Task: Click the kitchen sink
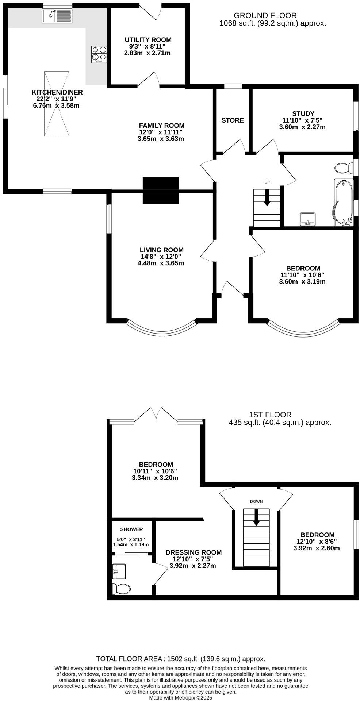[57, 16]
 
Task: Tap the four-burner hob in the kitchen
[99, 54]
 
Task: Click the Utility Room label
[148, 40]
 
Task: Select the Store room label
[233, 120]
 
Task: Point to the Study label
[303, 114]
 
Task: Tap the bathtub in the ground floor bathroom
[343, 202]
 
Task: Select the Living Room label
[161, 250]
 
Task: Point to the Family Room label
[161, 126]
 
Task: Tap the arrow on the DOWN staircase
[256, 517]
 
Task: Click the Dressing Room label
[194, 552]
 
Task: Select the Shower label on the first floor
[131, 529]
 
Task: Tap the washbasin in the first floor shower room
[119, 571]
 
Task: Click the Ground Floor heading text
[265, 15]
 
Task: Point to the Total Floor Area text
[180, 659]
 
